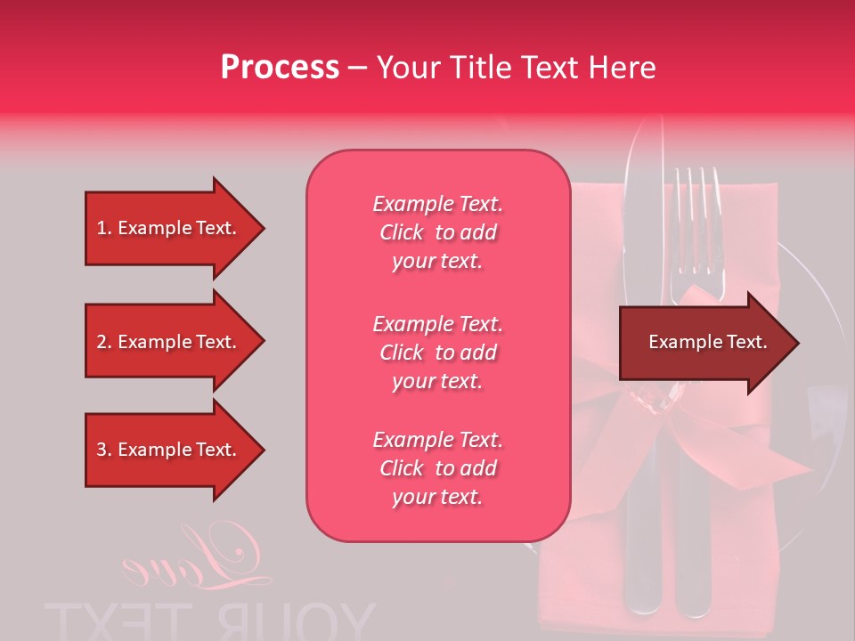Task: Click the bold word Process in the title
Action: [280, 68]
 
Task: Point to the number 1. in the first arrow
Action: [104, 228]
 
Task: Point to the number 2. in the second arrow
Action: [104, 342]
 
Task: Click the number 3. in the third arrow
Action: [104, 450]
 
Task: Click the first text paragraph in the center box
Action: [437, 232]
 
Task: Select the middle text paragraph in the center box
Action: [437, 353]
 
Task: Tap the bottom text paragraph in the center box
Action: [437, 468]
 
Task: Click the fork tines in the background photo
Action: [697, 214]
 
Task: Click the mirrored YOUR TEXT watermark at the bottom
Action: [209, 621]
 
